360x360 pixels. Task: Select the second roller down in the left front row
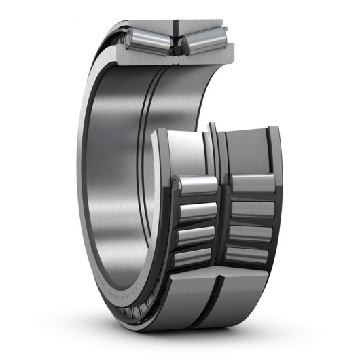coord(198,211)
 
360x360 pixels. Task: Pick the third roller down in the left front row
coord(196,234)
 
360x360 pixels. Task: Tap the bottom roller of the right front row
coord(250,253)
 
